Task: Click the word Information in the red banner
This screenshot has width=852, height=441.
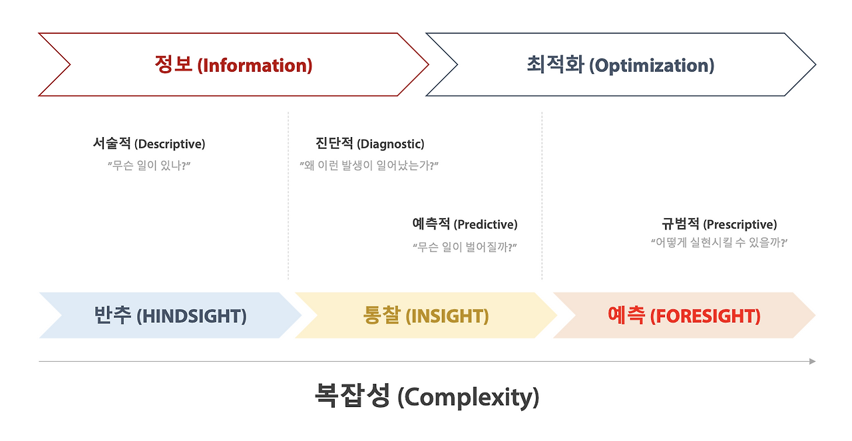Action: [x=255, y=65]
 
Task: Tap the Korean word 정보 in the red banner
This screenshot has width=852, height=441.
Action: [x=174, y=64]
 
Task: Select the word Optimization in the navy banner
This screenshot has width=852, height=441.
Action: [x=652, y=65]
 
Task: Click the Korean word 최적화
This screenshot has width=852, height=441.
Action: [x=555, y=64]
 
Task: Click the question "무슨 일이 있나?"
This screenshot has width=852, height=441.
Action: [x=149, y=166]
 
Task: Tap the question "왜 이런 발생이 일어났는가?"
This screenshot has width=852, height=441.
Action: [x=369, y=166]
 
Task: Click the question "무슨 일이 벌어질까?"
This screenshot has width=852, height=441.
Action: [x=465, y=247]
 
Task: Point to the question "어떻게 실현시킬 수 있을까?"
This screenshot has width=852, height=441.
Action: [x=720, y=242]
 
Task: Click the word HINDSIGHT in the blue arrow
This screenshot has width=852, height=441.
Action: [x=191, y=316]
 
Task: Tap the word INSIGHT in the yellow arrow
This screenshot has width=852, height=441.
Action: [x=447, y=316]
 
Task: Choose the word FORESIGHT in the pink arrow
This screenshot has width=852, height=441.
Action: [x=705, y=316]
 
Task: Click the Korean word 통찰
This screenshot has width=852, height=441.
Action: [x=382, y=315]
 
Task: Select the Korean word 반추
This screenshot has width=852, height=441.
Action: [x=112, y=315]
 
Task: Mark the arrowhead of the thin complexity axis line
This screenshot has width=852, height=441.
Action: [x=813, y=361]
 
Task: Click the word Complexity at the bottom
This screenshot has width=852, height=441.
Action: [x=468, y=398]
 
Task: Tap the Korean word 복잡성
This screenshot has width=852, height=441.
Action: [x=353, y=395]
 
